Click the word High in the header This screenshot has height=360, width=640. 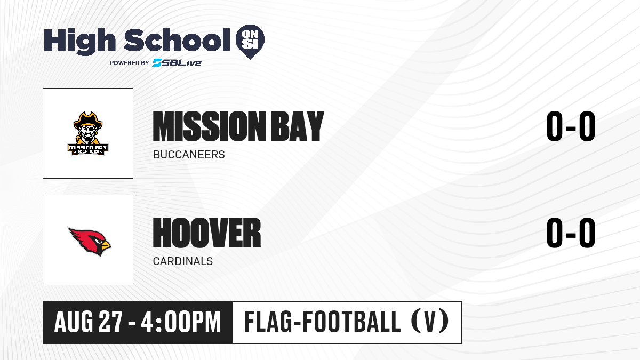(80, 41)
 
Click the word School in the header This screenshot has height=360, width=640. (177, 40)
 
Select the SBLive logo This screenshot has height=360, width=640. (177, 62)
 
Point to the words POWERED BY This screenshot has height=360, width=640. (130, 63)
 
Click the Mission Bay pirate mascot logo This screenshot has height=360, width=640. (88, 133)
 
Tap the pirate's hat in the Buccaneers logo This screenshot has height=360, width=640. (88, 120)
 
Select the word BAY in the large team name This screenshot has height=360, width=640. (298, 126)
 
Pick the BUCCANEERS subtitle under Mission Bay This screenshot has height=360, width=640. (189, 155)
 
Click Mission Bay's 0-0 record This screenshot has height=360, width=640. (571, 126)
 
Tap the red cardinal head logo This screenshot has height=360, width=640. (90, 242)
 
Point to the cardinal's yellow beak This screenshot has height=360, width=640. (105, 244)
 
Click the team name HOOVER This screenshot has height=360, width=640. (207, 233)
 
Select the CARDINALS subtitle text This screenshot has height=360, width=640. (183, 261)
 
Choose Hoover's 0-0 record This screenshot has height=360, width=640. (571, 233)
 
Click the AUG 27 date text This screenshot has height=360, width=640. (89, 322)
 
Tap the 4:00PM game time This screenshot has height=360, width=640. (181, 322)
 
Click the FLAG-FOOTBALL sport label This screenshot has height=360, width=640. (323, 322)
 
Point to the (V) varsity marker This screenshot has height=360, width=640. (430, 322)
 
